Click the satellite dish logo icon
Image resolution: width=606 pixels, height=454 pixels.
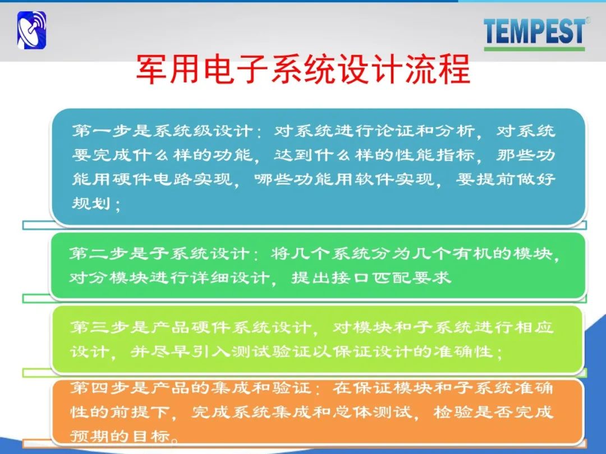point(31,30)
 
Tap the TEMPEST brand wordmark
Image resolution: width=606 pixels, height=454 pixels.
point(535,31)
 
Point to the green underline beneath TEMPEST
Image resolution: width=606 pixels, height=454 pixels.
point(535,49)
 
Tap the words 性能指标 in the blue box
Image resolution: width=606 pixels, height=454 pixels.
point(435,155)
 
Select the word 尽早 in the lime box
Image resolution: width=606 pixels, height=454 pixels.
point(171,351)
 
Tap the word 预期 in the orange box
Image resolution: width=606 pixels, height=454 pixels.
point(90,436)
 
